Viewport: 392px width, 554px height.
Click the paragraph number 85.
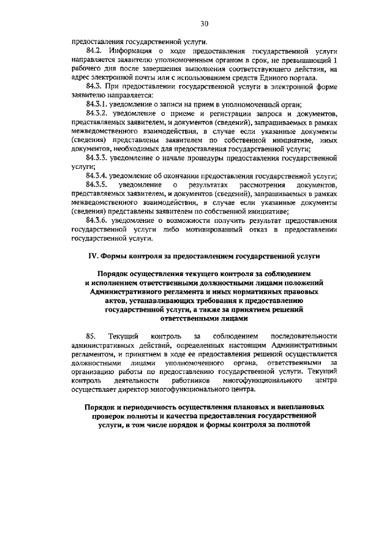click(x=92, y=336)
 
